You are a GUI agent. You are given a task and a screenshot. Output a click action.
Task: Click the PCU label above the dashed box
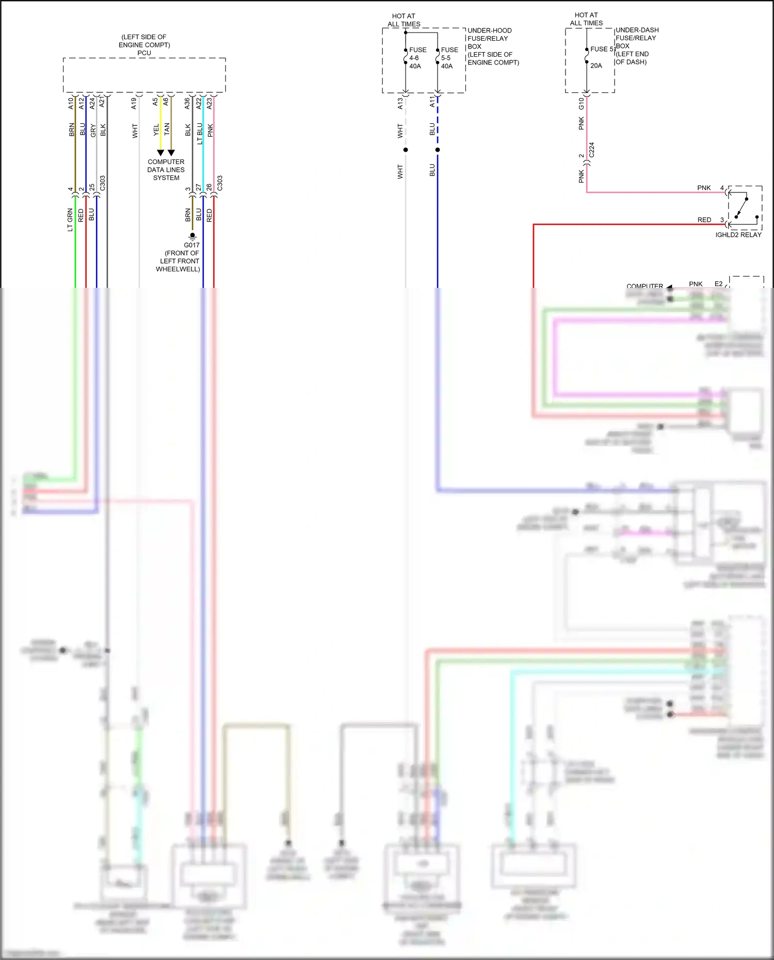144,53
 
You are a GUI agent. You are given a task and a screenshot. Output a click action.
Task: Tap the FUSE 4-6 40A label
417,58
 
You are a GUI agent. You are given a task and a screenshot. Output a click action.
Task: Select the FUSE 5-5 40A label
449,58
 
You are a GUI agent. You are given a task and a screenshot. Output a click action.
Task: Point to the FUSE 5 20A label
601,57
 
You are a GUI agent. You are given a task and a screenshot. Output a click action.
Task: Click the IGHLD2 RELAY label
738,235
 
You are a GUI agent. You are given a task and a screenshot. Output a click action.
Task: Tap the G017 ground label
191,245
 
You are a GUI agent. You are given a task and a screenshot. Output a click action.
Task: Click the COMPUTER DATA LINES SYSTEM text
166,170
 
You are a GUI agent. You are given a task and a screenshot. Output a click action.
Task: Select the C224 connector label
591,150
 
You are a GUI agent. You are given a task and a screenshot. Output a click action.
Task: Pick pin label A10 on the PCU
71,103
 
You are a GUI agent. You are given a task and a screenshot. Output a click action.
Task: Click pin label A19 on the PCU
134,103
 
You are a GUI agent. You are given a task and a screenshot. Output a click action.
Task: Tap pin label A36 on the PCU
187,103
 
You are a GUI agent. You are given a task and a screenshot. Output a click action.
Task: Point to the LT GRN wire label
70,220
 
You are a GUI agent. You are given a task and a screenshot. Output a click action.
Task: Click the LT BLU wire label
199,133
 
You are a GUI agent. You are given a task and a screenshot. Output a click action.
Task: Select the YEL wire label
156,131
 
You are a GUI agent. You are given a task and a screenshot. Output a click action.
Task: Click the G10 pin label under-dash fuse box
581,103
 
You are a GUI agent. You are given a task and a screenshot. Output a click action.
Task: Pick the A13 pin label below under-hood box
400,104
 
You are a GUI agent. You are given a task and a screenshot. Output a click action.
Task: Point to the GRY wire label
93,131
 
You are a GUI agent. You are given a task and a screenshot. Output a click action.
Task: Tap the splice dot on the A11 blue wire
438,150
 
